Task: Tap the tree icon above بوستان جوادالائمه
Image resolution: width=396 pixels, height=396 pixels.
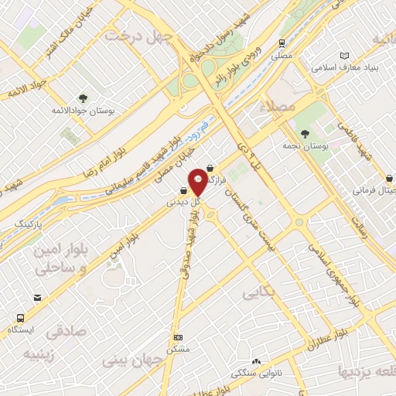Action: pyautogui.click(x=84, y=97)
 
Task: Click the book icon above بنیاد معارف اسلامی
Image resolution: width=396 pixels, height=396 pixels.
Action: pyautogui.click(x=345, y=56)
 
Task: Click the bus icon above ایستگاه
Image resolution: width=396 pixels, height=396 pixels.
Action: pyautogui.click(x=20, y=318)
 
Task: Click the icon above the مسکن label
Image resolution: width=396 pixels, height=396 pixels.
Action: pyautogui.click(x=179, y=338)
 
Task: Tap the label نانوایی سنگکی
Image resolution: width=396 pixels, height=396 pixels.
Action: pyautogui.click(x=258, y=373)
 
